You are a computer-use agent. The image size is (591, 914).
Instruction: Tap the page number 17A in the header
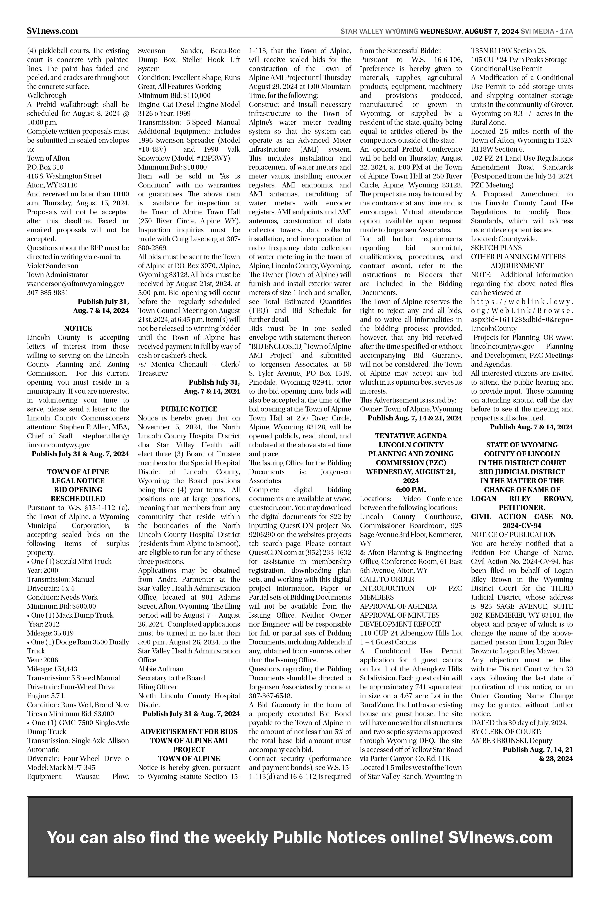click(566, 32)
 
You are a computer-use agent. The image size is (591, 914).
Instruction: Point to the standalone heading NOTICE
click(78, 328)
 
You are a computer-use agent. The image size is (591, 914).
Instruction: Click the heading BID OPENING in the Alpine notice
click(78, 490)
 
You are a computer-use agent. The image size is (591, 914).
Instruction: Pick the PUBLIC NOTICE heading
click(189, 409)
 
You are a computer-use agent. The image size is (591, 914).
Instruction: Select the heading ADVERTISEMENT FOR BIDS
click(189, 732)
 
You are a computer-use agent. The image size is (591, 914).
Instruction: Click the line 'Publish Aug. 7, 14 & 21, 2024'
click(414, 418)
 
